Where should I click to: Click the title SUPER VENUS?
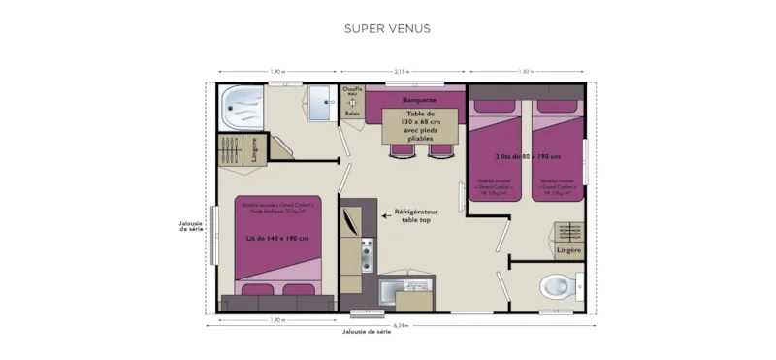coord(387,28)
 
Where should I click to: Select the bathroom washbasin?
coord(318,101)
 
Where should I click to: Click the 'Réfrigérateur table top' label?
coord(415,215)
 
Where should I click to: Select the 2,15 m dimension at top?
coord(402,72)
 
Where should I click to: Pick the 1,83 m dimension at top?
coord(527,72)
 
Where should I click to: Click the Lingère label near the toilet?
coord(568,250)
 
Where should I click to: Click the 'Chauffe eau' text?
coord(351,92)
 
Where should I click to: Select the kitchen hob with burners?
coord(368,253)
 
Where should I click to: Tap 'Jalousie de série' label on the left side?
coord(191,226)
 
